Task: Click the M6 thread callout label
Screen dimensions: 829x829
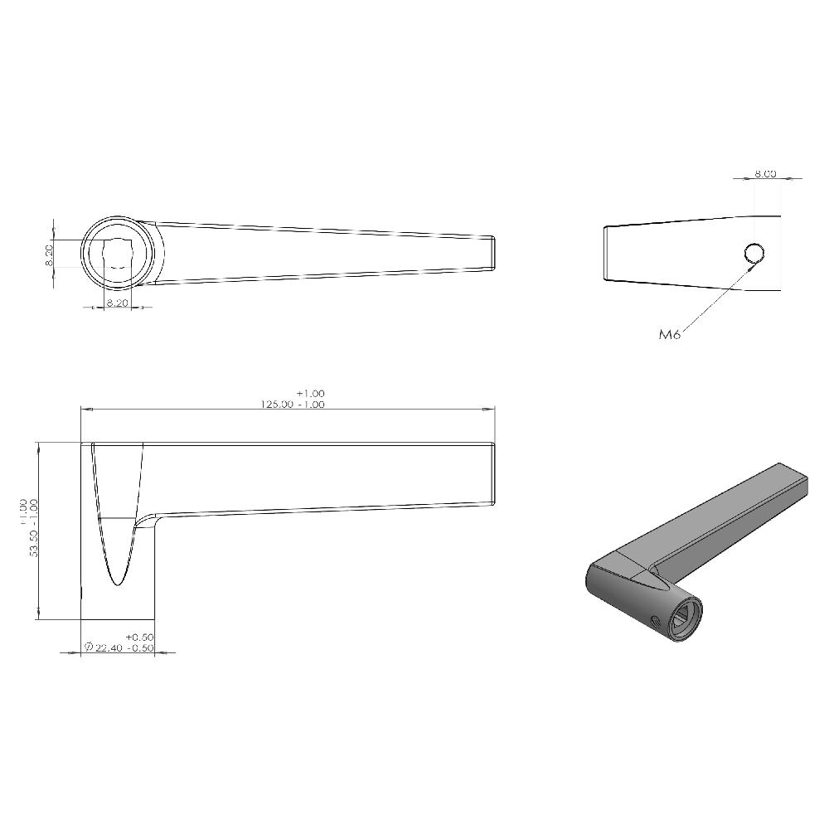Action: [x=670, y=335]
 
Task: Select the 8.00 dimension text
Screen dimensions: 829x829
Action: [x=764, y=174]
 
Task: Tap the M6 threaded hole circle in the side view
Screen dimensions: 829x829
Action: [x=754, y=253]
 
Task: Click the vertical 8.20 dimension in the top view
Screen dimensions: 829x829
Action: [x=49, y=254]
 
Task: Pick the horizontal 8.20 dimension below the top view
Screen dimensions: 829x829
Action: [x=117, y=303]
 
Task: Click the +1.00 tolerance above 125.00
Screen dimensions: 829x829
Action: [x=310, y=393]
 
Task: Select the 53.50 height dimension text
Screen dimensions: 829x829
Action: [x=34, y=539]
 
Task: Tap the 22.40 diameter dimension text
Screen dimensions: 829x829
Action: [x=114, y=648]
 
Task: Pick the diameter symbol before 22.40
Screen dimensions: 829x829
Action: [x=88, y=648]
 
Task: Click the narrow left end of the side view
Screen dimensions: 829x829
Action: [x=607, y=253]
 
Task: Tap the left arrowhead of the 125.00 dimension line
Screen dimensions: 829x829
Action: [x=85, y=409]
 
